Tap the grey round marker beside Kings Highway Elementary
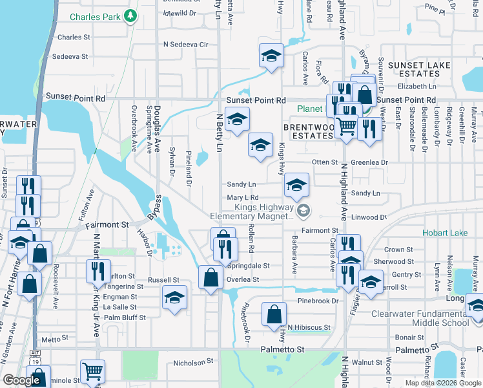point(303,210)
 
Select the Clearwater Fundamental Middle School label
point(420,318)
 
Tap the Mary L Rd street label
point(243,198)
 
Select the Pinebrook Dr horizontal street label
point(318,301)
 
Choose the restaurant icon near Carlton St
point(98,270)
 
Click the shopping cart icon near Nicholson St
point(92,371)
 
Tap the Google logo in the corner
point(22,381)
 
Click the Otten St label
point(325,162)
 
